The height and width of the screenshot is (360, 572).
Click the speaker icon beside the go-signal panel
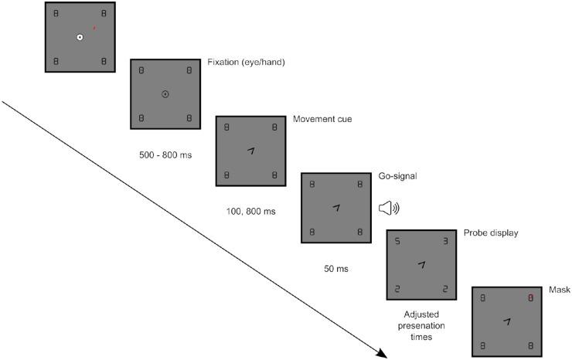[388, 207]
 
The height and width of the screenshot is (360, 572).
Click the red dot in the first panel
[94, 28]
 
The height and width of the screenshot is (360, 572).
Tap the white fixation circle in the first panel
[80, 37]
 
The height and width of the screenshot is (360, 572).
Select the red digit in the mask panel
[530, 297]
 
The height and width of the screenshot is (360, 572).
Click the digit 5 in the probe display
[397, 241]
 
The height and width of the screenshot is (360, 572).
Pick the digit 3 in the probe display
[444, 241]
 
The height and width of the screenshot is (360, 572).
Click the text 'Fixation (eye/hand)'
[247, 62]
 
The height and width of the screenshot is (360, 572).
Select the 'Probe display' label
[491, 233]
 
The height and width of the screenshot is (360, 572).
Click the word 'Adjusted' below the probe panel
[422, 314]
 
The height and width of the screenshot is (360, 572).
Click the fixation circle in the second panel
[165, 94]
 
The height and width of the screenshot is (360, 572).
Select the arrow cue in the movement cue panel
[250, 151]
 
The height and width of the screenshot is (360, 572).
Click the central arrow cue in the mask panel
[506, 321]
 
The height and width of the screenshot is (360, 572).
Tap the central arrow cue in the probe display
[421, 264]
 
